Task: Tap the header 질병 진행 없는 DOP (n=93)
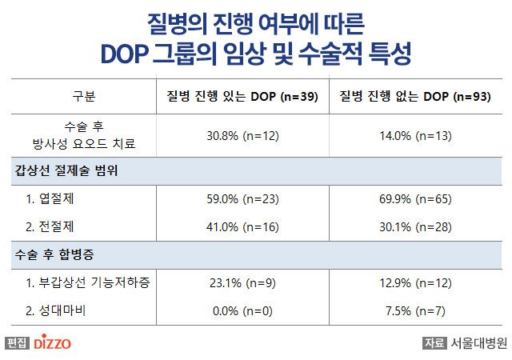415,98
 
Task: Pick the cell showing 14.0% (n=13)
415,136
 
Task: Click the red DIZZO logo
53,343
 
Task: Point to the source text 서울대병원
478,343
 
